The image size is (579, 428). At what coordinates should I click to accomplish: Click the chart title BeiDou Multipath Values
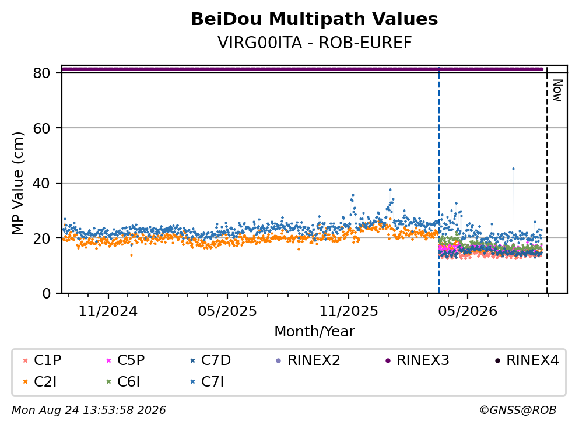tap(314, 19)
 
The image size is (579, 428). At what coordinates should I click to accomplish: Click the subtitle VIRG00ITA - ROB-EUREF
tap(314, 43)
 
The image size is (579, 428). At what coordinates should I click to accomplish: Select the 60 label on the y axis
tap(41, 128)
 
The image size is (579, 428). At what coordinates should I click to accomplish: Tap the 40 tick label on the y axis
tap(41, 183)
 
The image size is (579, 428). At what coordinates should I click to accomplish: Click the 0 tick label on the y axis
tap(46, 293)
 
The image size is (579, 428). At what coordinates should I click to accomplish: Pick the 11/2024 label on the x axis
tap(108, 311)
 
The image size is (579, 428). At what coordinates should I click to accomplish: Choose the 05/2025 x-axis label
tap(227, 311)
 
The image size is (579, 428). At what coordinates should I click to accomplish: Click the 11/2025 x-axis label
tap(349, 311)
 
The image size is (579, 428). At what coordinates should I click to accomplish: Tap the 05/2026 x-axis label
tap(468, 311)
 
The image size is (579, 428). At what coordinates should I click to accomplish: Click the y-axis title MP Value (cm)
tap(17, 183)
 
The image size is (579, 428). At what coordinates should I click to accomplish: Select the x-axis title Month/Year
tap(314, 332)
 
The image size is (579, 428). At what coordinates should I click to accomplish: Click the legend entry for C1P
tap(42, 360)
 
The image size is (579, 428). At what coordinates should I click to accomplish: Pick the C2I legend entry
tap(40, 382)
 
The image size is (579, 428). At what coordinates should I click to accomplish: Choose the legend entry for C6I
tap(123, 382)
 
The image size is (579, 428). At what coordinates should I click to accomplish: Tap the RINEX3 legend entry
tap(417, 360)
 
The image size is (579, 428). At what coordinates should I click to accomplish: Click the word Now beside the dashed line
tap(557, 90)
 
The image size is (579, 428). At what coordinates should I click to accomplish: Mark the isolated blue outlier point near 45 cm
tap(513, 169)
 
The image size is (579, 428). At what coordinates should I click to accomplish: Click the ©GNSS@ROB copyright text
tap(518, 411)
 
